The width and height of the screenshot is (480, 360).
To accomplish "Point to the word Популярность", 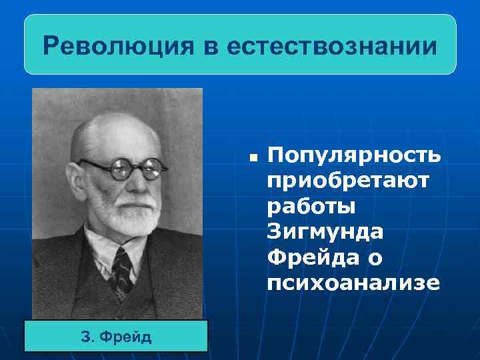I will pos(353,155).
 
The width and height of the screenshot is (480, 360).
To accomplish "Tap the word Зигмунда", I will pos(325,231).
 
